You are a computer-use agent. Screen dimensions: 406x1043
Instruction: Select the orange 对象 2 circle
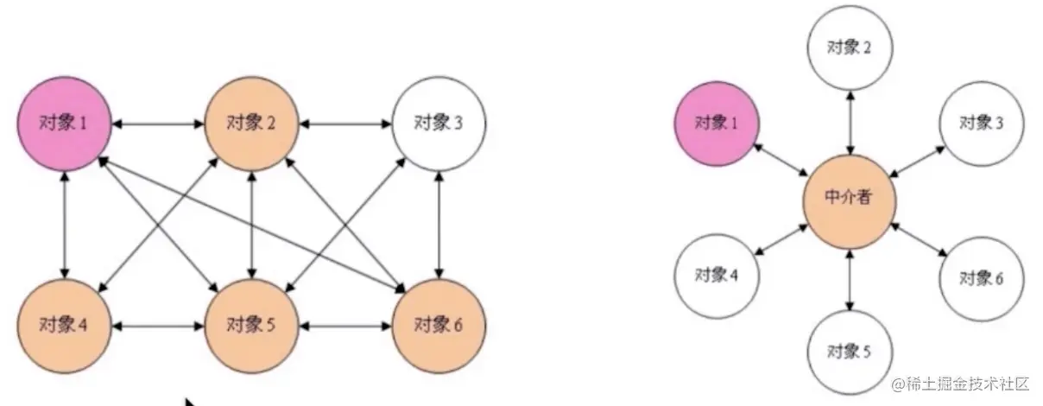click(x=251, y=124)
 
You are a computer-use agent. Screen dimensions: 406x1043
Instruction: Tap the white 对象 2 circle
click(x=850, y=47)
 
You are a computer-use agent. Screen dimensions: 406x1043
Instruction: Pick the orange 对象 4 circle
click(x=63, y=327)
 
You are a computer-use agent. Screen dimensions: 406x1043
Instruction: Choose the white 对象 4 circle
click(x=716, y=276)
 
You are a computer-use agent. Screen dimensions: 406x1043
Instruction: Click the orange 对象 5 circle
click(x=251, y=327)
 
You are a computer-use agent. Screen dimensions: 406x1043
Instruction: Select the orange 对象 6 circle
click(x=439, y=327)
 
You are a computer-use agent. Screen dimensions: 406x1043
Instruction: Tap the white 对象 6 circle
click(x=982, y=278)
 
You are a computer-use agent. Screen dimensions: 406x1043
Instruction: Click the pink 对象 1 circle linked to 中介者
click(x=717, y=123)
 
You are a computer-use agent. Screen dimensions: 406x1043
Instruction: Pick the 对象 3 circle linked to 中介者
click(x=982, y=123)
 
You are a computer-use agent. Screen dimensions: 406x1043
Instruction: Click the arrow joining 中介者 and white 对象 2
click(x=850, y=121)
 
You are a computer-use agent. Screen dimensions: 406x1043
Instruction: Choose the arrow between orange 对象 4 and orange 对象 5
click(x=157, y=327)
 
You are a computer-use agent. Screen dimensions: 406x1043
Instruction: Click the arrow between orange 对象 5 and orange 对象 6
click(x=345, y=327)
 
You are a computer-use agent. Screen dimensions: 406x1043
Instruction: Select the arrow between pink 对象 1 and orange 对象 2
click(x=157, y=124)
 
